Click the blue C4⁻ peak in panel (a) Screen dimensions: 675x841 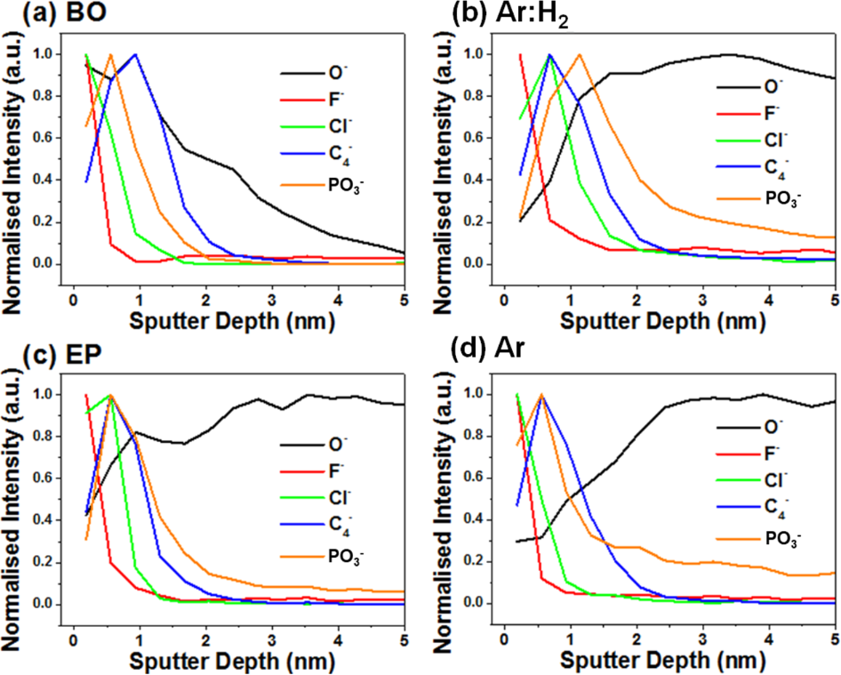[135, 54]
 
